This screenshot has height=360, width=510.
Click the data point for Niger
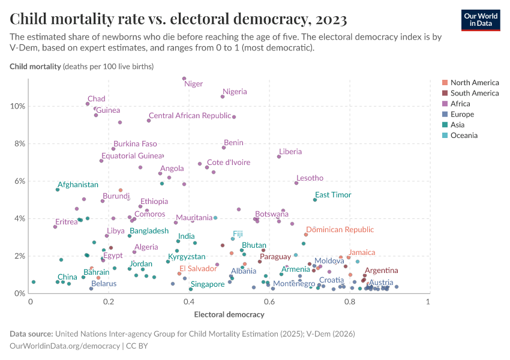pos(184,79)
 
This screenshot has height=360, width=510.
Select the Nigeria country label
pos(235,92)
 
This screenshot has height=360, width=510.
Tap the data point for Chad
pos(88,104)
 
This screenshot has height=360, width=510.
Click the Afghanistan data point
pos(58,190)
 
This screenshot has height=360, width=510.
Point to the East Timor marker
pos(314,200)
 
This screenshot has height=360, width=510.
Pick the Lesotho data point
pos(296,183)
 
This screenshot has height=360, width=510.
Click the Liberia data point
pos(279,157)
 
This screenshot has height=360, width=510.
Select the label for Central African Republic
pos(190,116)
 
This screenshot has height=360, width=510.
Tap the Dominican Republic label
pos(340,230)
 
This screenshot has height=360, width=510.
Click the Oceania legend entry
pos(464,136)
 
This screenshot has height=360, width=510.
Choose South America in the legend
pos(474,93)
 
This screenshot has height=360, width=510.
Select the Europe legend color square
pos(445,115)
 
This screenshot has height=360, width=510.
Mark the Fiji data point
pos(233,239)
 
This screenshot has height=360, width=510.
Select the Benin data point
pos(224,148)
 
